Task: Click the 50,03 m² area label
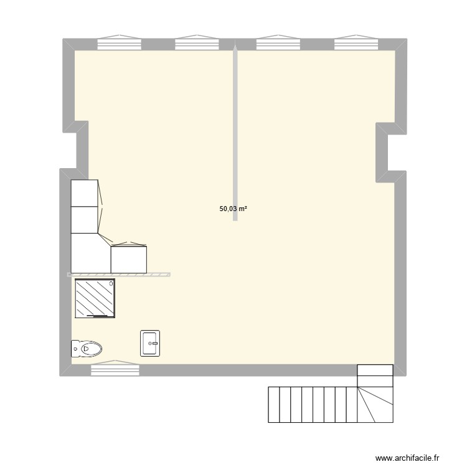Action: coord(233,209)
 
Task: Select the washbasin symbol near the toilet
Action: coord(151,343)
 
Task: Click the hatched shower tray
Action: coord(95,298)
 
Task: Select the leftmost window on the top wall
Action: coord(119,43)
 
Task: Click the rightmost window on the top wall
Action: coord(357,43)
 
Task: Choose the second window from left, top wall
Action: coord(197,43)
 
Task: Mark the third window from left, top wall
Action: coord(279,43)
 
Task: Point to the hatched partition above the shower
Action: coord(118,274)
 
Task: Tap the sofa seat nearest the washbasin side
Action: coord(129,259)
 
